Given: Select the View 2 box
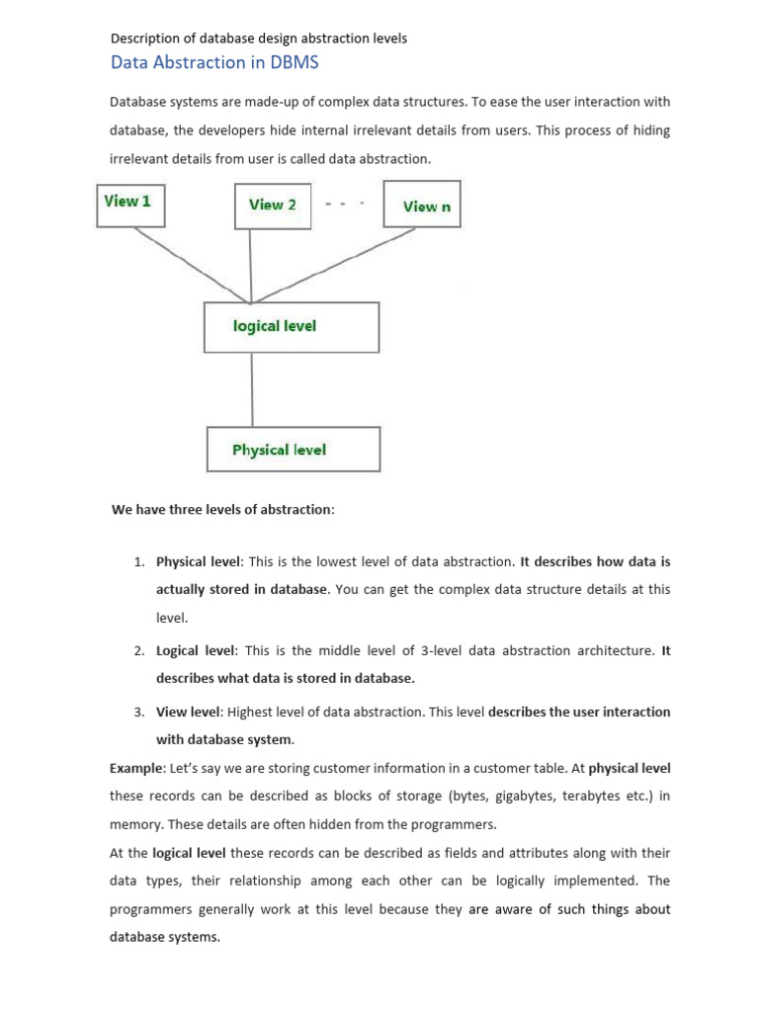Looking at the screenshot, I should [273, 206].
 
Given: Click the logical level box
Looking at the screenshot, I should [292, 327].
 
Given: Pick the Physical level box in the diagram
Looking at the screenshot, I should [293, 450].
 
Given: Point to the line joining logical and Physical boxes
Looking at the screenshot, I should [252, 389].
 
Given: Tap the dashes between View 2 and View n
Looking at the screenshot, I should [346, 203].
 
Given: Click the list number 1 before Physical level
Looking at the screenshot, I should [138, 561].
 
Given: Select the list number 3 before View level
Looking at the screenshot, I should [138, 712].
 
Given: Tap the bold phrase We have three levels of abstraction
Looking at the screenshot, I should [222, 510].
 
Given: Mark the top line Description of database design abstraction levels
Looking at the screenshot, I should [258, 39].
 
